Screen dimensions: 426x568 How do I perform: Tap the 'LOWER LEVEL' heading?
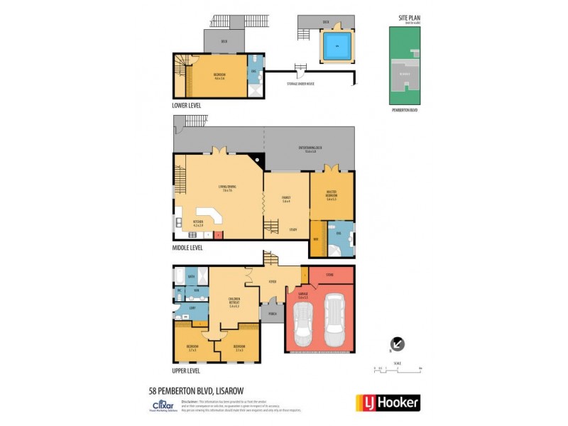coord(187,105)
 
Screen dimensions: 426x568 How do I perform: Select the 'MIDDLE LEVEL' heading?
coord(187,248)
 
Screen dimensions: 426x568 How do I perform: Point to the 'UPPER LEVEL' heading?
coord(186,371)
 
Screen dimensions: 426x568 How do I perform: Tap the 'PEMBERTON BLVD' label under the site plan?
coord(404,111)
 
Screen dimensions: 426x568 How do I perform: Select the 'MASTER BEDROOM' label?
coord(332,197)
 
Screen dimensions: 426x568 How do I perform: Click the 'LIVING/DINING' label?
coord(228,187)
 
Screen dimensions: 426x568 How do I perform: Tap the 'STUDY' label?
coord(293,229)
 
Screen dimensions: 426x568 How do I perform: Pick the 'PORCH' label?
coord(271,312)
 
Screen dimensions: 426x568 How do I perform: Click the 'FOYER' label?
coord(272,280)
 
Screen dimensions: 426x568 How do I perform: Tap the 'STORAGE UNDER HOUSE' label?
coord(300,84)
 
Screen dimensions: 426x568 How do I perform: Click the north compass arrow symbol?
coord(398,344)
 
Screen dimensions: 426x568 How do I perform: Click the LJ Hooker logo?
coord(388,403)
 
